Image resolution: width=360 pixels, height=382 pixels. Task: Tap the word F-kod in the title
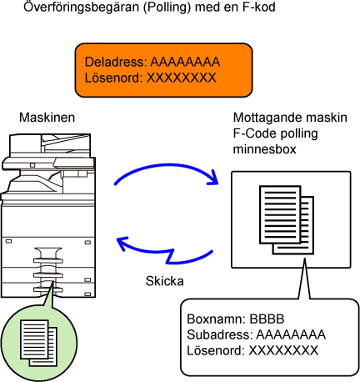(x=259, y=7)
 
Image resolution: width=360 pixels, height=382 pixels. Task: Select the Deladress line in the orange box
(x=152, y=62)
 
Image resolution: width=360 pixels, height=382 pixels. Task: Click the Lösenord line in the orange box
(x=150, y=78)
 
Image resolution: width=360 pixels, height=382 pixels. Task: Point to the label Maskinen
(x=47, y=118)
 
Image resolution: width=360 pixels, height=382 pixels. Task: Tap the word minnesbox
(x=265, y=149)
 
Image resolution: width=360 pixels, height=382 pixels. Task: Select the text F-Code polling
(x=275, y=133)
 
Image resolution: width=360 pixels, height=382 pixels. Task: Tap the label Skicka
(x=165, y=281)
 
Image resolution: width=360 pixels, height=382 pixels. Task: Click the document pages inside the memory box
(x=287, y=219)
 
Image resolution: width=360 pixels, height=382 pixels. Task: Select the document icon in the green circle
(x=38, y=343)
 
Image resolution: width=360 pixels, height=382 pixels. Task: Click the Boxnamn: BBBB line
(x=236, y=319)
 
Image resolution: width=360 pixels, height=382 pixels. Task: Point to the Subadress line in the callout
(x=256, y=334)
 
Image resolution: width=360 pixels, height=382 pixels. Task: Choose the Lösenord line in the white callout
(x=252, y=350)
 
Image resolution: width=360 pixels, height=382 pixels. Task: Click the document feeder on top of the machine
(x=50, y=143)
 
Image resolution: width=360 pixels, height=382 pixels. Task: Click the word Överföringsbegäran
(x=81, y=7)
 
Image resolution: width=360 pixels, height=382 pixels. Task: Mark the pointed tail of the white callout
(x=305, y=259)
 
